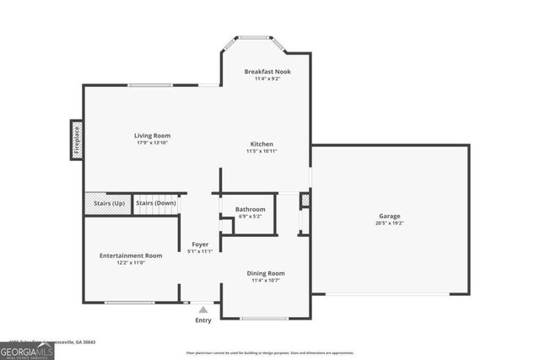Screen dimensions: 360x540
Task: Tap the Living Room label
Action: click(152, 135)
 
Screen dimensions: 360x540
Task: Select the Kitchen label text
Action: click(262, 143)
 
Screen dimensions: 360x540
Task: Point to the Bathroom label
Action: click(250, 209)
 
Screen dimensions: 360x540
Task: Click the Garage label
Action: click(389, 216)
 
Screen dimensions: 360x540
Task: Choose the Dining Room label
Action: click(265, 272)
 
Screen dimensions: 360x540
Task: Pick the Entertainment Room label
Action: click(130, 255)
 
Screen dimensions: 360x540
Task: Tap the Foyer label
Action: click(200, 244)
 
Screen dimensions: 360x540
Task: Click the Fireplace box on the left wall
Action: click(75, 139)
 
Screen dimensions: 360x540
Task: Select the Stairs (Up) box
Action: click(106, 203)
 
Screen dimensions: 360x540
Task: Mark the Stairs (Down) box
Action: click(155, 203)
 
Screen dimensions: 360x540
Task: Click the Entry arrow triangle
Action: click(202, 309)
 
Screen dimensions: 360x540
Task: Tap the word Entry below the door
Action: click(203, 320)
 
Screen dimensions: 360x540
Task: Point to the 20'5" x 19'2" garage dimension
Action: click(389, 223)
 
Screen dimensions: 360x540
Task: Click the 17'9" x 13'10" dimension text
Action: click(152, 142)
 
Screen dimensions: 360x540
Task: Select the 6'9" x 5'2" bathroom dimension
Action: click(250, 217)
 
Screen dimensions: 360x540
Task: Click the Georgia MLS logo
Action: click(27, 348)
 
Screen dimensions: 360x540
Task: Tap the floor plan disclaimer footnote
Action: click(270, 352)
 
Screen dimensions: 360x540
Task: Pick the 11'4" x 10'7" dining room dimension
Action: click(265, 280)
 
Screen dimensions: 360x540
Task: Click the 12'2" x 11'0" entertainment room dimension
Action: click(130, 262)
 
